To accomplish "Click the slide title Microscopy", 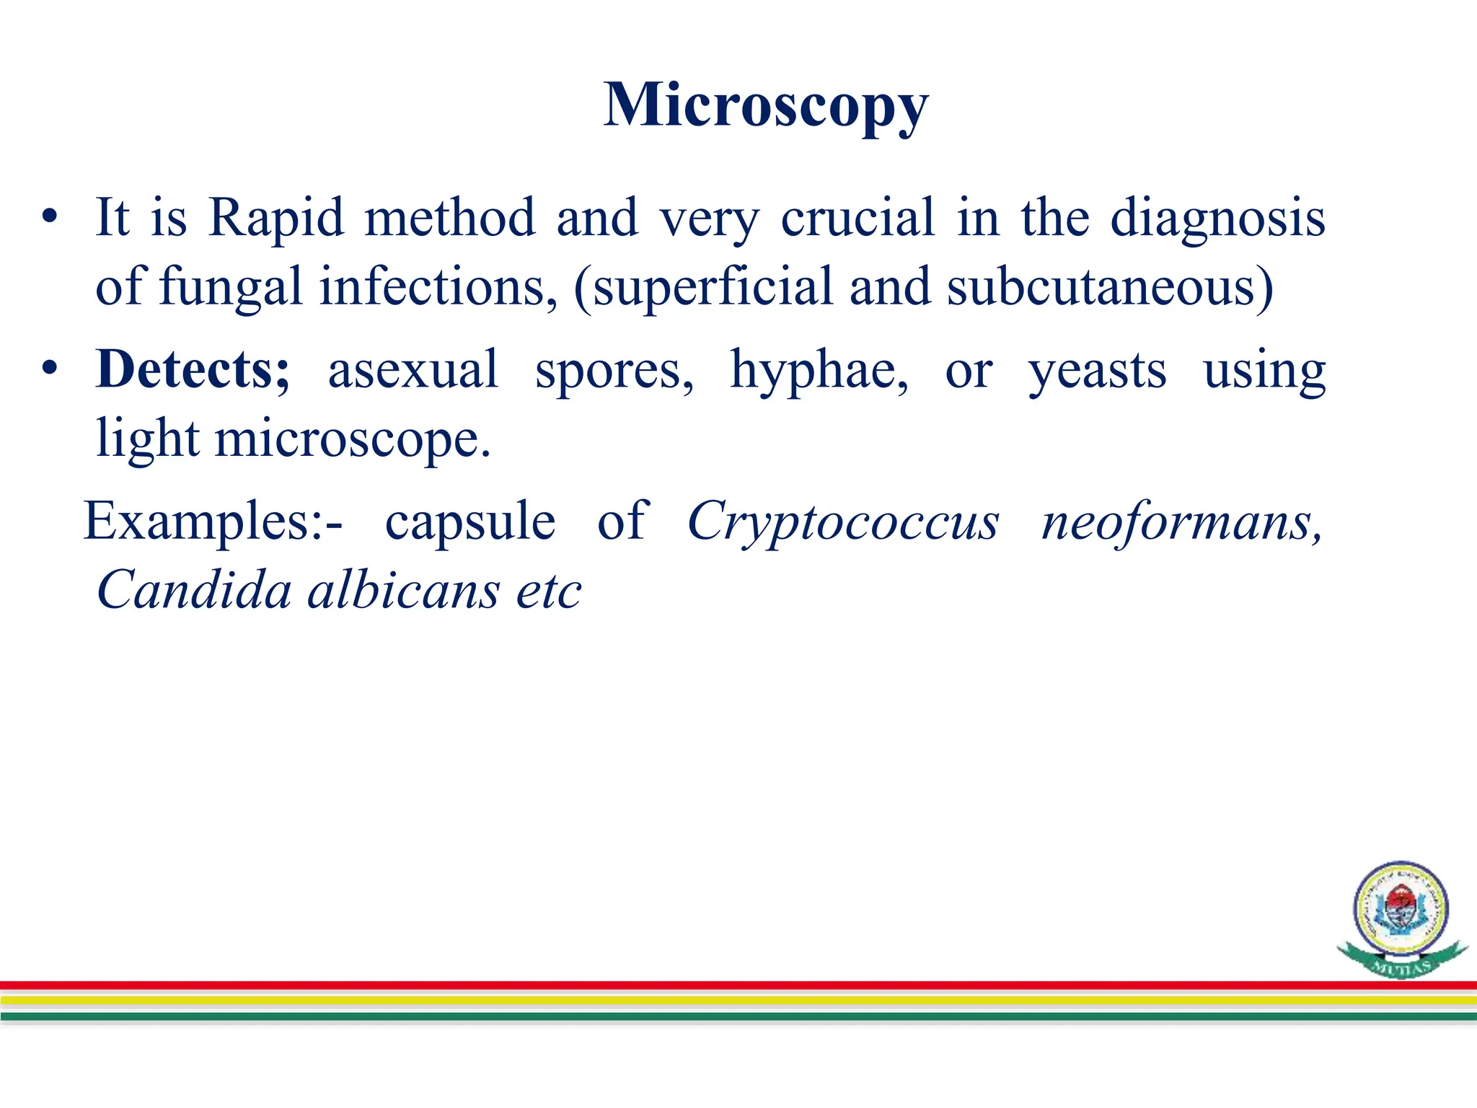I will [765, 106].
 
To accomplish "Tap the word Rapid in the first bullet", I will [276, 217].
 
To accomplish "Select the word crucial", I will [857, 217].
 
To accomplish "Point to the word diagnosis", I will [1217, 219].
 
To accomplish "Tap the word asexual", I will [413, 369].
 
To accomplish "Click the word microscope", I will [353, 439].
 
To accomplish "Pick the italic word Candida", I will [194, 590].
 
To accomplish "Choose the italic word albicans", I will [404, 590].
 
